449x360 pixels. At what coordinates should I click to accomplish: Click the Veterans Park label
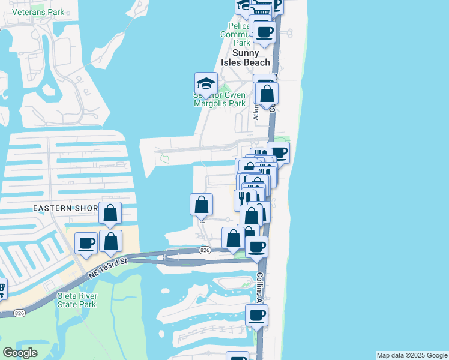(38, 12)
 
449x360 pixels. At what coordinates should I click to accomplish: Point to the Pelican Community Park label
(243, 34)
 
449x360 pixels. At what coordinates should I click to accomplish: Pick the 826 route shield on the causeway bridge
(205, 250)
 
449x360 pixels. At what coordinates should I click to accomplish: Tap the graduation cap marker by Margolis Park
(206, 84)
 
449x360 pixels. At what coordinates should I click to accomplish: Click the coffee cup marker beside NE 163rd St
(86, 243)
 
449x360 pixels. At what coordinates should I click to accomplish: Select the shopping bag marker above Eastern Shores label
(110, 214)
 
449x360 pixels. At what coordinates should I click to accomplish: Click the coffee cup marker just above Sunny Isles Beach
(264, 32)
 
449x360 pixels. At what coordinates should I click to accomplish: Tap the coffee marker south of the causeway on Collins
(256, 316)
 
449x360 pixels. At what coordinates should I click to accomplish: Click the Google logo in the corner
(20, 353)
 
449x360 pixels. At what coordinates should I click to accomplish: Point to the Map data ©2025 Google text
(412, 355)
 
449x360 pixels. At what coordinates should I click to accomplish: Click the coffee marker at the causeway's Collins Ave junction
(257, 247)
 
